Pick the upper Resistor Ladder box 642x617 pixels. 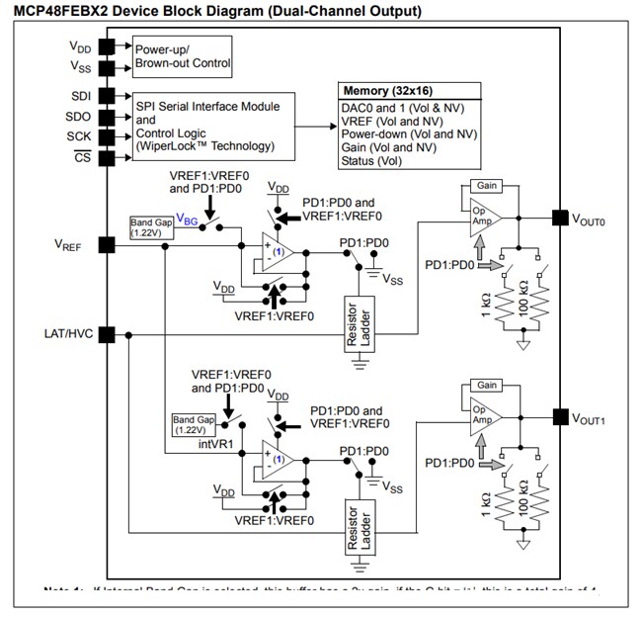(357, 323)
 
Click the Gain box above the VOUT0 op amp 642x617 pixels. (487, 186)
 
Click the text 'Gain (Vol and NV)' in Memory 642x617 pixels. (393, 146)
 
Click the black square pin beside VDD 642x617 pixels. (106, 46)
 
